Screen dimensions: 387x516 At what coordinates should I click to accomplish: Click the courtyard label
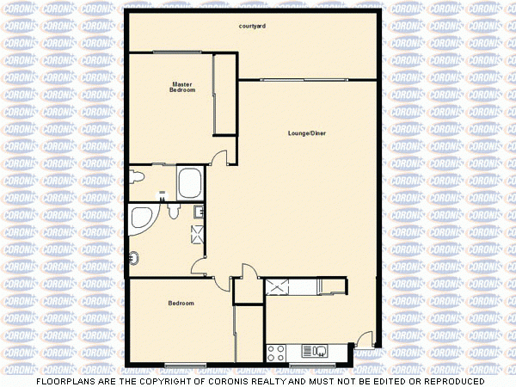[252, 27]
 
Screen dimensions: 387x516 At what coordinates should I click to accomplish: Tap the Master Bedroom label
[181, 87]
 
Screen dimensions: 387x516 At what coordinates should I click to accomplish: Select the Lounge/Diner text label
[307, 133]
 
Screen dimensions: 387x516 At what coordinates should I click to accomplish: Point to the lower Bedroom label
[181, 304]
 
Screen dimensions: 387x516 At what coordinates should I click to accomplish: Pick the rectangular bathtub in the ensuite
[189, 182]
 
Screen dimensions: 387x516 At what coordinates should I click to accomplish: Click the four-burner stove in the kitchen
[276, 351]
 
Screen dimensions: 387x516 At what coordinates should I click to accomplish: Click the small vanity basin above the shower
[199, 211]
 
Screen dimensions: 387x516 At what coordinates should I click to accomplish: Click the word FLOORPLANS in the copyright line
[63, 381]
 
